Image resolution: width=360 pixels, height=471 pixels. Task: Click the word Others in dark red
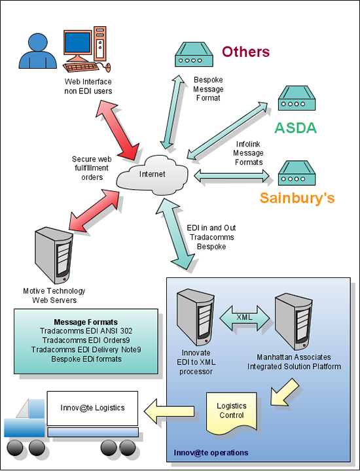click(x=245, y=52)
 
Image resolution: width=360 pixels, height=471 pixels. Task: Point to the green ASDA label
click(x=295, y=128)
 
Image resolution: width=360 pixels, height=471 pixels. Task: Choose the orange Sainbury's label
click(x=297, y=198)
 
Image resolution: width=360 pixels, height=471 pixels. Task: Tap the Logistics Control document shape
click(x=232, y=410)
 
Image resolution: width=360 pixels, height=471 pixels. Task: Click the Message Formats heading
click(x=86, y=322)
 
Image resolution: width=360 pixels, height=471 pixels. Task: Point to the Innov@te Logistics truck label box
click(x=92, y=408)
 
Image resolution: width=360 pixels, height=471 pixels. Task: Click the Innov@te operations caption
click(x=211, y=453)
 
